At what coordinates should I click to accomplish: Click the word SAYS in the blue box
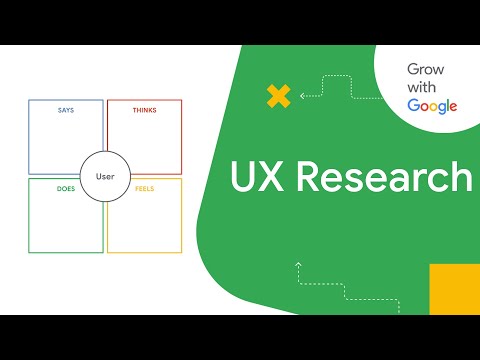click(x=66, y=109)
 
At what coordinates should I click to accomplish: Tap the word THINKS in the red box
click(x=144, y=109)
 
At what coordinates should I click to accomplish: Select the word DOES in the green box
click(x=66, y=187)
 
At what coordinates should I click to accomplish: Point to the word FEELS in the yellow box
click(x=144, y=187)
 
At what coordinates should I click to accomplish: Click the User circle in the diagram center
click(x=105, y=176)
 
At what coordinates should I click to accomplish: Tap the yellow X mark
click(x=278, y=97)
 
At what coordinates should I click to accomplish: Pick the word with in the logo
click(x=421, y=88)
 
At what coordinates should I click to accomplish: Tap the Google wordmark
click(x=432, y=106)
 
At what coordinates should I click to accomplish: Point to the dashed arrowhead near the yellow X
click(x=301, y=96)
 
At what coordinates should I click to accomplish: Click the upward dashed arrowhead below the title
click(x=298, y=265)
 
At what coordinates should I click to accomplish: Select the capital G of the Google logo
click(x=412, y=105)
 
